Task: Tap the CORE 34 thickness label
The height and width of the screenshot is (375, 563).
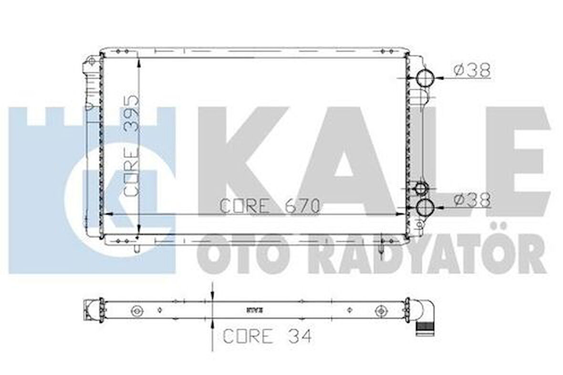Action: (267, 336)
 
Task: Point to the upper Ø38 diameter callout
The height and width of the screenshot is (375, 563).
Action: (471, 71)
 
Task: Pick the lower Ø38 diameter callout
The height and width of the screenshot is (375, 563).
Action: (471, 200)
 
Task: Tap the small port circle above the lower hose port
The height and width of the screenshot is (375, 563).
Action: (420, 188)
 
